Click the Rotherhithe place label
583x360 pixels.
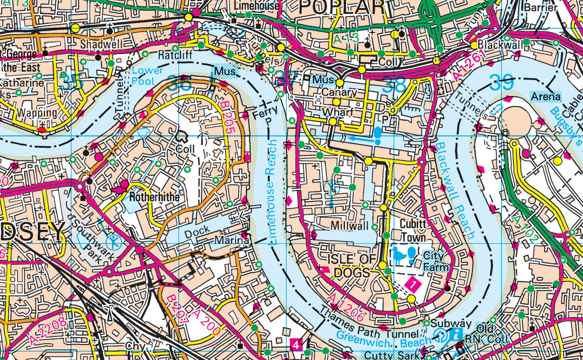[x=154, y=197]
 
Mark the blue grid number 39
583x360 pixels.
[x=501, y=84]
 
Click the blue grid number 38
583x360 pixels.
[x=395, y=85]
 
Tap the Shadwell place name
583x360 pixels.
[x=101, y=44]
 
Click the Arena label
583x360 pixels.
[x=545, y=97]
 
